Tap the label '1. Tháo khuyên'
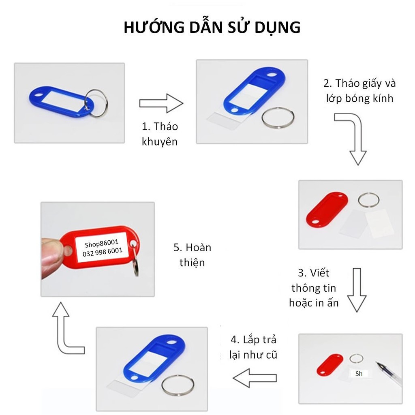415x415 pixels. [160, 134]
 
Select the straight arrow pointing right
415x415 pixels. [161, 103]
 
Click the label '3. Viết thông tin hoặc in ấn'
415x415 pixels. [314, 287]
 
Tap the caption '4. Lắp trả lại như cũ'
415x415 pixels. [253, 347]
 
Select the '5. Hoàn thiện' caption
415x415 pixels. [192, 255]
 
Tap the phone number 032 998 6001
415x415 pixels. [103, 252]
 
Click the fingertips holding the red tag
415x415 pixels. [53, 257]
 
